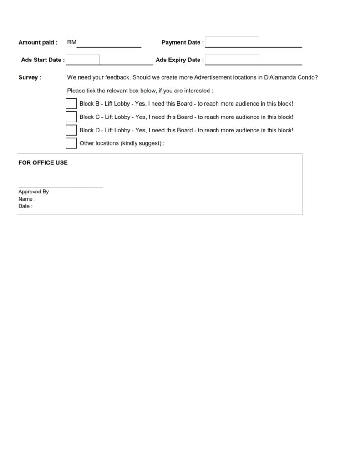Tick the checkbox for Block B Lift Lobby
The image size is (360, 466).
(x=71, y=104)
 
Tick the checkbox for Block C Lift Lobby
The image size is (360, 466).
(x=71, y=117)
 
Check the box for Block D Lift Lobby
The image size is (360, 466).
(x=71, y=130)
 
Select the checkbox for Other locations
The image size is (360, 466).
(x=71, y=143)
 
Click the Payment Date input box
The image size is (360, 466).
(x=232, y=42)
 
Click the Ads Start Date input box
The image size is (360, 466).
(x=83, y=60)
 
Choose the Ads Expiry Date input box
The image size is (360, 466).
(x=232, y=60)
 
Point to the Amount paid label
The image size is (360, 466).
(x=38, y=42)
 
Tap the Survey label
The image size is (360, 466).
(x=30, y=77)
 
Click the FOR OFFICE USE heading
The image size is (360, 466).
(x=43, y=162)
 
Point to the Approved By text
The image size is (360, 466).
(x=33, y=192)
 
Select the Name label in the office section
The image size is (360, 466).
(x=26, y=199)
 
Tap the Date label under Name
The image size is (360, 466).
(x=25, y=206)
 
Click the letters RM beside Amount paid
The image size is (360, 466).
(x=72, y=42)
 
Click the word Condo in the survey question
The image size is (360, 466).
(x=307, y=77)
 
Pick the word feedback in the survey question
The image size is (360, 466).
(x=117, y=77)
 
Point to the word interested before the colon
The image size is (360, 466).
(x=196, y=91)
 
